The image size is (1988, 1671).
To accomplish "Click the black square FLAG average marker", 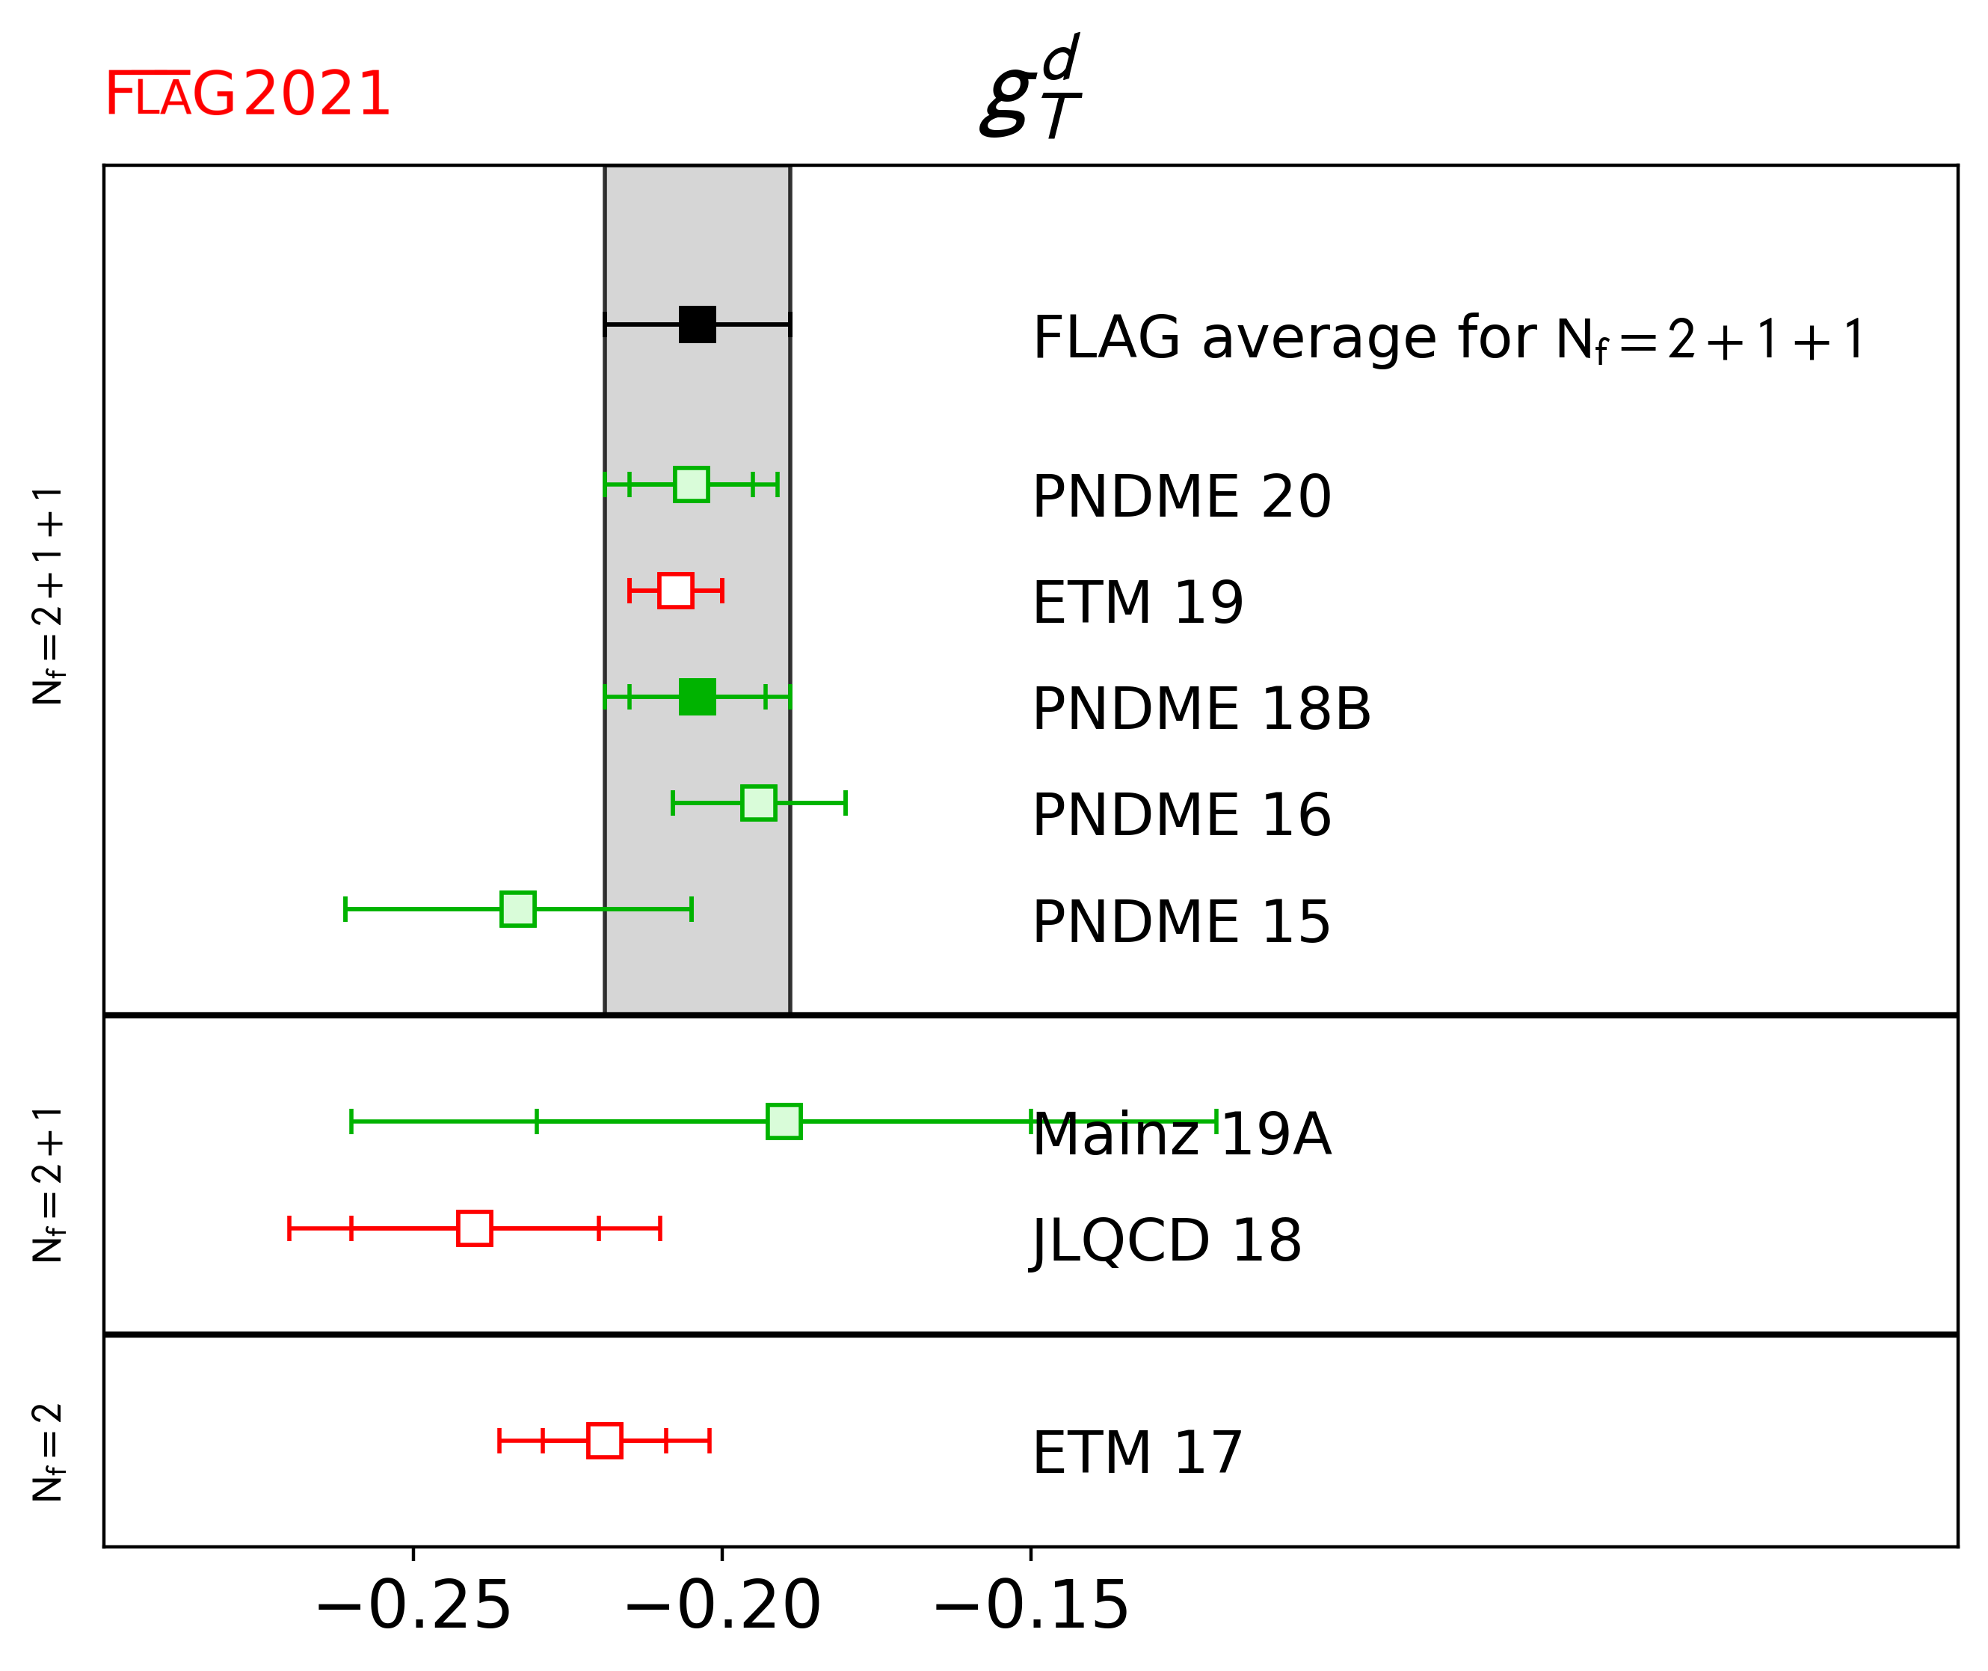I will click(x=697, y=324).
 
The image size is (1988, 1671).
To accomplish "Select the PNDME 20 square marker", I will click(x=692, y=484).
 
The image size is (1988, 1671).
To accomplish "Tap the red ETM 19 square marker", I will click(x=675, y=590).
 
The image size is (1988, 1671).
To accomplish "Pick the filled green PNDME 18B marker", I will click(x=697, y=696).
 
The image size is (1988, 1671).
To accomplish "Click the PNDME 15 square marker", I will click(x=518, y=908).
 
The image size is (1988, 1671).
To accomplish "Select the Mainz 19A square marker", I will click(x=784, y=1121).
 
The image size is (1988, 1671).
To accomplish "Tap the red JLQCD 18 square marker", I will click(x=475, y=1228).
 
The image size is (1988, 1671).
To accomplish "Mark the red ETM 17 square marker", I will click(x=605, y=1440).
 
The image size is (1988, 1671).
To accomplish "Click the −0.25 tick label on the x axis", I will click(x=413, y=1606).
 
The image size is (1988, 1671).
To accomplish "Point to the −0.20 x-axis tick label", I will click(x=721, y=1606).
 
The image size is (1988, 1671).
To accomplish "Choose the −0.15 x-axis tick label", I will click(x=1030, y=1606).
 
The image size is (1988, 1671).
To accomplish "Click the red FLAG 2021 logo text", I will click(x=246, y=95).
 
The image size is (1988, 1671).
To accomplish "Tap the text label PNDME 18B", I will click(x=1201, y=709).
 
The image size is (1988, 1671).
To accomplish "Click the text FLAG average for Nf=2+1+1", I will click(x=1448, y=338).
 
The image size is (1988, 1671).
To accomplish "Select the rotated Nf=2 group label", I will click(x=47, y=1452).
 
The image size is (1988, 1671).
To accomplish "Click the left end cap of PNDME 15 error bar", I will click(x=345, y=908).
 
